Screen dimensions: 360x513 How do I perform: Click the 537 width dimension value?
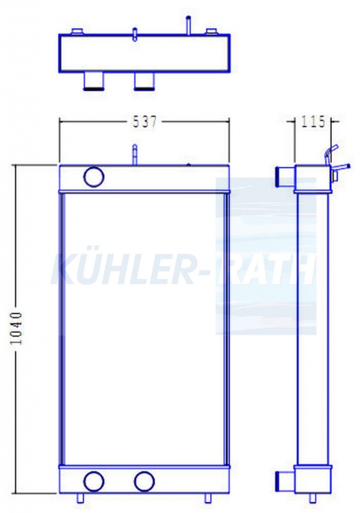pos(144,122)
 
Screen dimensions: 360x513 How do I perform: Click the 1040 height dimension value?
pos(16,328)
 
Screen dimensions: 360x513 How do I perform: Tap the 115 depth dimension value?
pos(313,121)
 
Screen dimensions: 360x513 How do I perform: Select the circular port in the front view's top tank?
pos(94,176)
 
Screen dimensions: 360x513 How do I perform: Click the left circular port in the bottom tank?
pos(94,482)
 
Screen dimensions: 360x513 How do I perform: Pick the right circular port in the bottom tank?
pos(144,482)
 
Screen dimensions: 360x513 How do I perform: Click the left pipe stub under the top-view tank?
pos(94,81)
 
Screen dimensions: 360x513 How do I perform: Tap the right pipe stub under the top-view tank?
pos(144,81)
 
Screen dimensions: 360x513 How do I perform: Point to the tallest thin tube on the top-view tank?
pos(188,25)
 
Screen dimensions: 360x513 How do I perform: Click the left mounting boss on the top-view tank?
pos(78,31)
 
